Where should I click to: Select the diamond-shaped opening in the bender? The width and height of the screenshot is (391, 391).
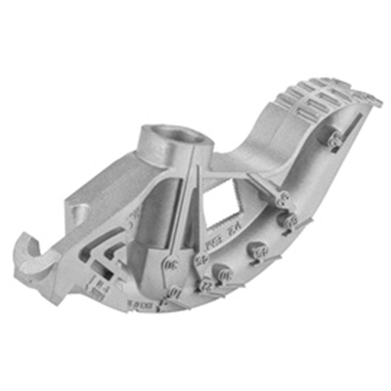224,195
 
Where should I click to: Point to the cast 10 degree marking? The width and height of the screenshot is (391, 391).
173,294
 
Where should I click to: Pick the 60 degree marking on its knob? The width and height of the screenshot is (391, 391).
289,222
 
